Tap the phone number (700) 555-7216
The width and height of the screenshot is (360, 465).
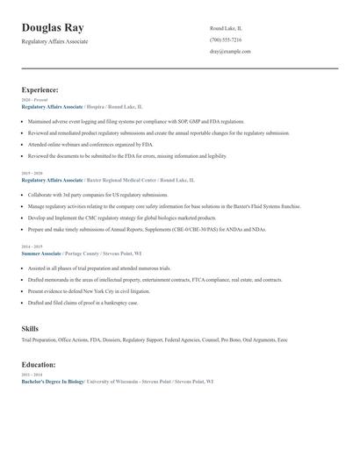[226, 40]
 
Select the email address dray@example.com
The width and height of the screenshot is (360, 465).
[230, 52]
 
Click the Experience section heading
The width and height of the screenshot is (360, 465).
[40, 89]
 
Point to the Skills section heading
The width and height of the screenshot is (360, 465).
[30, 328]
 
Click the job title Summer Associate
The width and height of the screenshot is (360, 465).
[40, 254]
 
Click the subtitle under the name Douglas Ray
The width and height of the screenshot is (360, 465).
[54, 42]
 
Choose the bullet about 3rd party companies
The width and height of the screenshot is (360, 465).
[97, 194]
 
